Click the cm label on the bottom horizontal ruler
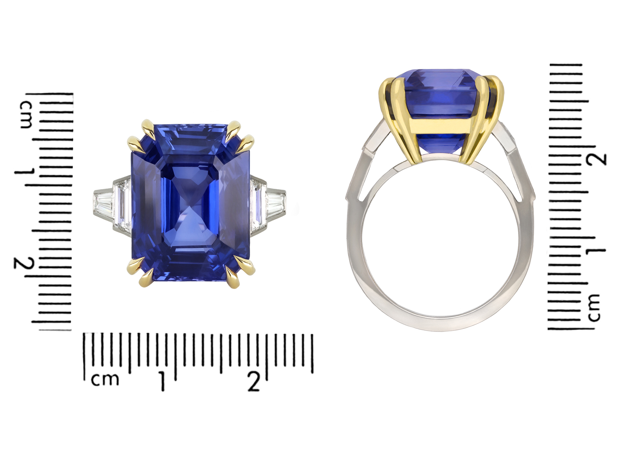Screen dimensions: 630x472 click(x=105, y=379)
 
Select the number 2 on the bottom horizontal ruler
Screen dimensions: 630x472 click(x=254, y=381)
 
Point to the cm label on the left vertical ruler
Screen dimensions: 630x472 click(x=26, y=114)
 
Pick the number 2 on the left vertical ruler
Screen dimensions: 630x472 click(x=24, y=263)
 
